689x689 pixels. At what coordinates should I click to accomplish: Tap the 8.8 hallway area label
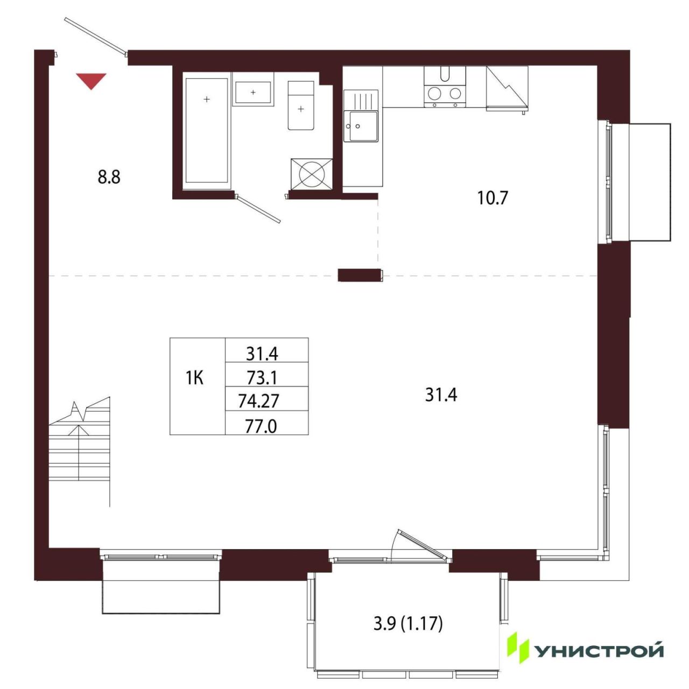tap(109, 177)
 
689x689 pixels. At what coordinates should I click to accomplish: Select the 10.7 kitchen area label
tap(493, 198)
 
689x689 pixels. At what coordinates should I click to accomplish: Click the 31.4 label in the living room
tap(441, 396)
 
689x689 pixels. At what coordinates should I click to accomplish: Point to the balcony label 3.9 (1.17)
tap(408, 624)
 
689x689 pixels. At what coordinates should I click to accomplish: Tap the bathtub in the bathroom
tap(207, 130)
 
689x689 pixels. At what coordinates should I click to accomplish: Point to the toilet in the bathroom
tap(301, 106)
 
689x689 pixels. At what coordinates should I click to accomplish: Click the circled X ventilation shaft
tap(312, 174)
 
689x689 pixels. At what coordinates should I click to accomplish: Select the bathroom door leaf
tap(258, 209)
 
